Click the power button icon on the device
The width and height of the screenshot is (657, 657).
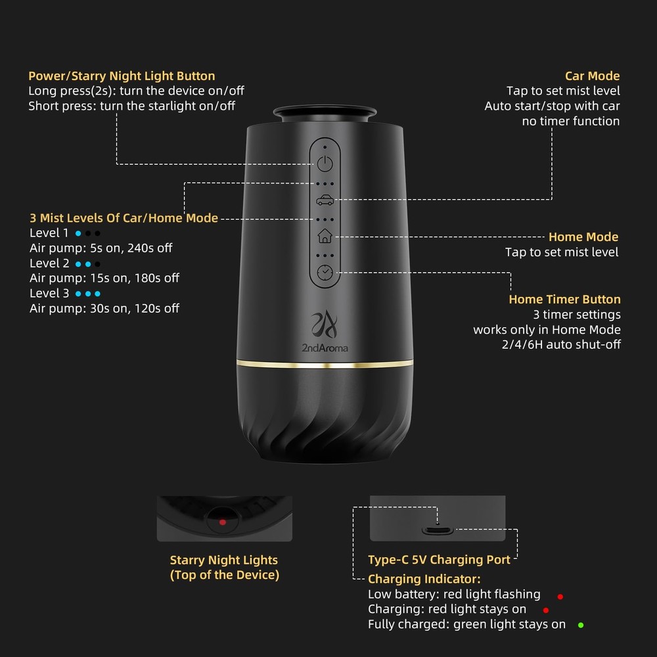coord(325,164)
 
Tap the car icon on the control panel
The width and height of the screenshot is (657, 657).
coord(325,200)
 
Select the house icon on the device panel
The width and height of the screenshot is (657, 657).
coord(325,236)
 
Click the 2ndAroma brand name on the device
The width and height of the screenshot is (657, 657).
coord(325,347)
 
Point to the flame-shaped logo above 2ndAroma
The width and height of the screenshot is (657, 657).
coord(324,324)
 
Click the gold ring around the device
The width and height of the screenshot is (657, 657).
coord(325,363)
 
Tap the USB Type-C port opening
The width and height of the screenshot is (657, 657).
coord(438,530)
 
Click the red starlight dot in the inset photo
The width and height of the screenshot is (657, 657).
coord(223,522)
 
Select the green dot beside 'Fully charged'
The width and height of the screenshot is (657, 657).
coord(580,625)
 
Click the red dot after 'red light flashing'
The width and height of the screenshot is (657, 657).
coord(560,597)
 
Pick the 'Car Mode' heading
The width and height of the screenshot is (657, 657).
coord(592,76)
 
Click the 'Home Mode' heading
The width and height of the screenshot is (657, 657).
coord(583,237)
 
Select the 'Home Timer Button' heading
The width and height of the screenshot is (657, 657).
coord(564,300)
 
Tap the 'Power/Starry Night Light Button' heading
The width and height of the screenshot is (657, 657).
coord(122,76)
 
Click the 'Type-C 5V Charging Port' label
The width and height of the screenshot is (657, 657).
coord(439,560)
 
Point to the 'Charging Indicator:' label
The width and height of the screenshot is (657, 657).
coord(424,579)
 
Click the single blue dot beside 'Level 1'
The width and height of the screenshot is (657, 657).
coord(78,233)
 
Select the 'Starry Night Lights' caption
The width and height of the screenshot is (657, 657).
coord(223,560)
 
